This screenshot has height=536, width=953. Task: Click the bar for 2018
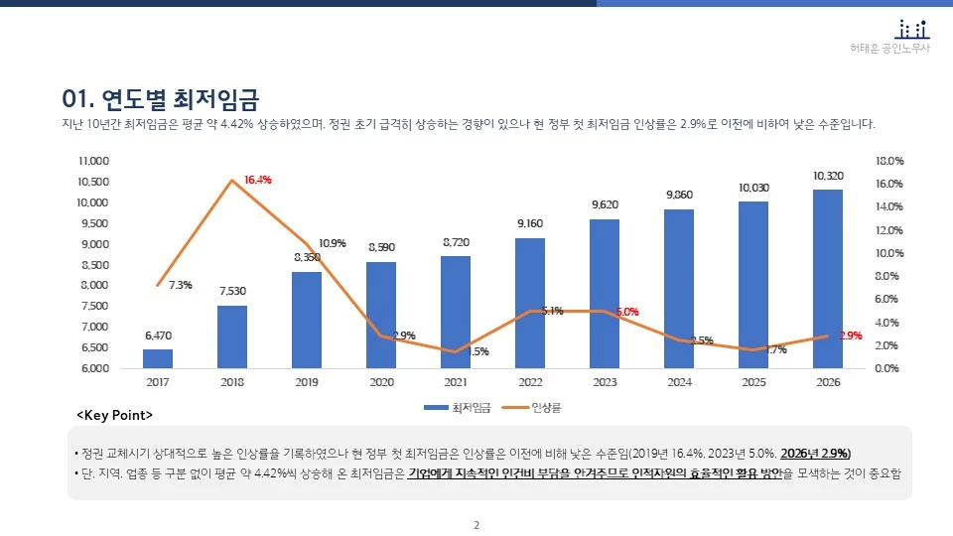232,336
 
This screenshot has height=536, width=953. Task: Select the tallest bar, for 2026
828,279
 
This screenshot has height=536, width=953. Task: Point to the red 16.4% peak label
258,180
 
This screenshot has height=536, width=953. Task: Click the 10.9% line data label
333,243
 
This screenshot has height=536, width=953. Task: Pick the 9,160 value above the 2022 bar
530,224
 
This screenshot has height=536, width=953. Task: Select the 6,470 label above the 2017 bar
158,335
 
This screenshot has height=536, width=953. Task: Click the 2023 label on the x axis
605,382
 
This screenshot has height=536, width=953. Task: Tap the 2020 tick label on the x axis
381,382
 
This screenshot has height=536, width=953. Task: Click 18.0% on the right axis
889,161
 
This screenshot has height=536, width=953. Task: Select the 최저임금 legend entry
448,407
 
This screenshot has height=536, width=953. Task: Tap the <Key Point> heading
115,413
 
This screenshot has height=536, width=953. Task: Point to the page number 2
476,525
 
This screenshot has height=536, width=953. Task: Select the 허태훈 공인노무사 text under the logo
890,49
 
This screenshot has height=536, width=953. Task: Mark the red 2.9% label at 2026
851,335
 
